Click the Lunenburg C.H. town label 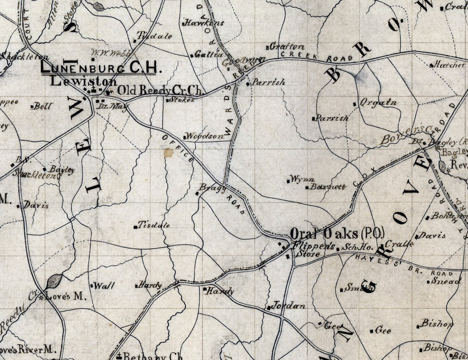[x=99, y=68]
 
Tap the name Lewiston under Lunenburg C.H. [x=84, y=81]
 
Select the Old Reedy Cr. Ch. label [x=160, y=91]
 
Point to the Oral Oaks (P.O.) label [x=337, y=234]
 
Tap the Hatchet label [x=449, y=65]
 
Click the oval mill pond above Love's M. [x=54, y=281]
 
